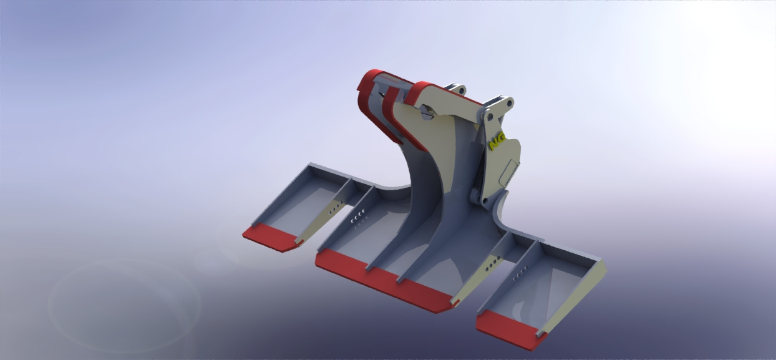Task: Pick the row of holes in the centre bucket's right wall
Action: click(x=493, y=264)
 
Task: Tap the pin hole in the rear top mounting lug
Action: click(x=462, y=90)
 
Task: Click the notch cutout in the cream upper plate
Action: click(x=426, y=112)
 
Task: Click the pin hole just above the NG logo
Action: click(x=490, y=117)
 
